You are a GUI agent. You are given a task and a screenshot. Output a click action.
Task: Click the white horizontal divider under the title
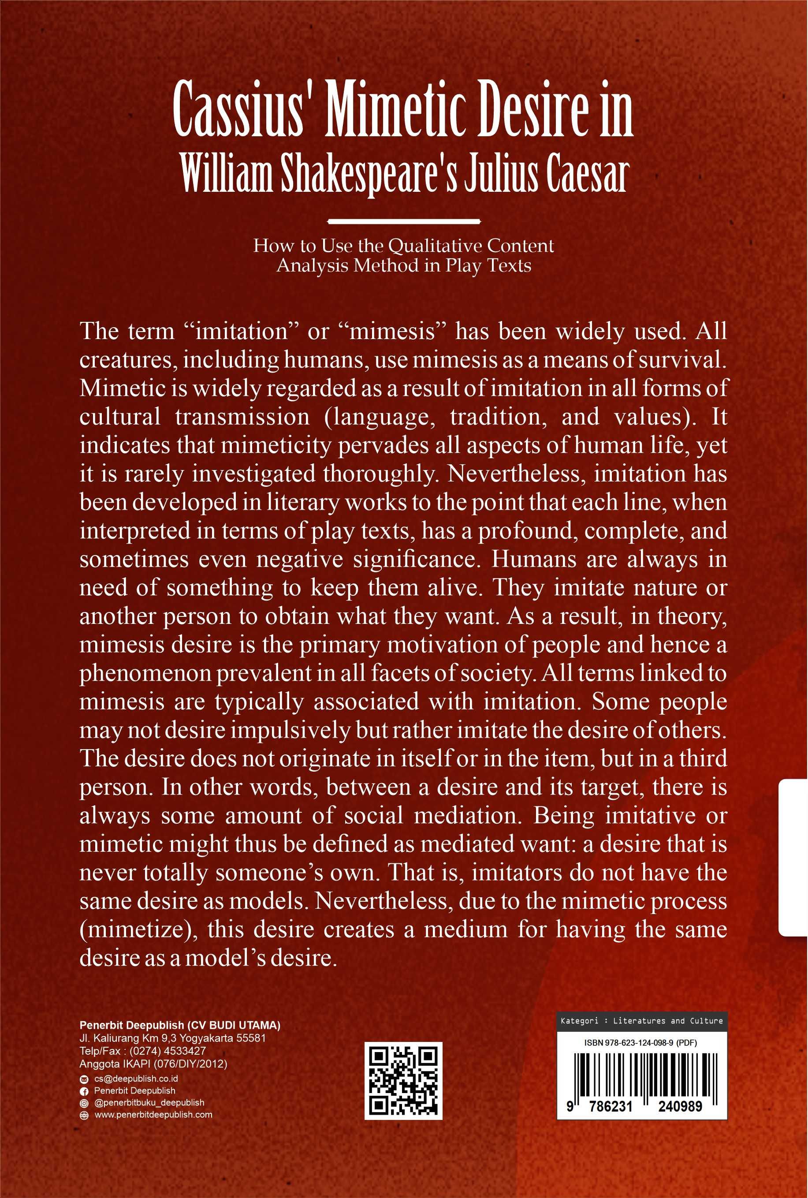(x=404, y=222)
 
